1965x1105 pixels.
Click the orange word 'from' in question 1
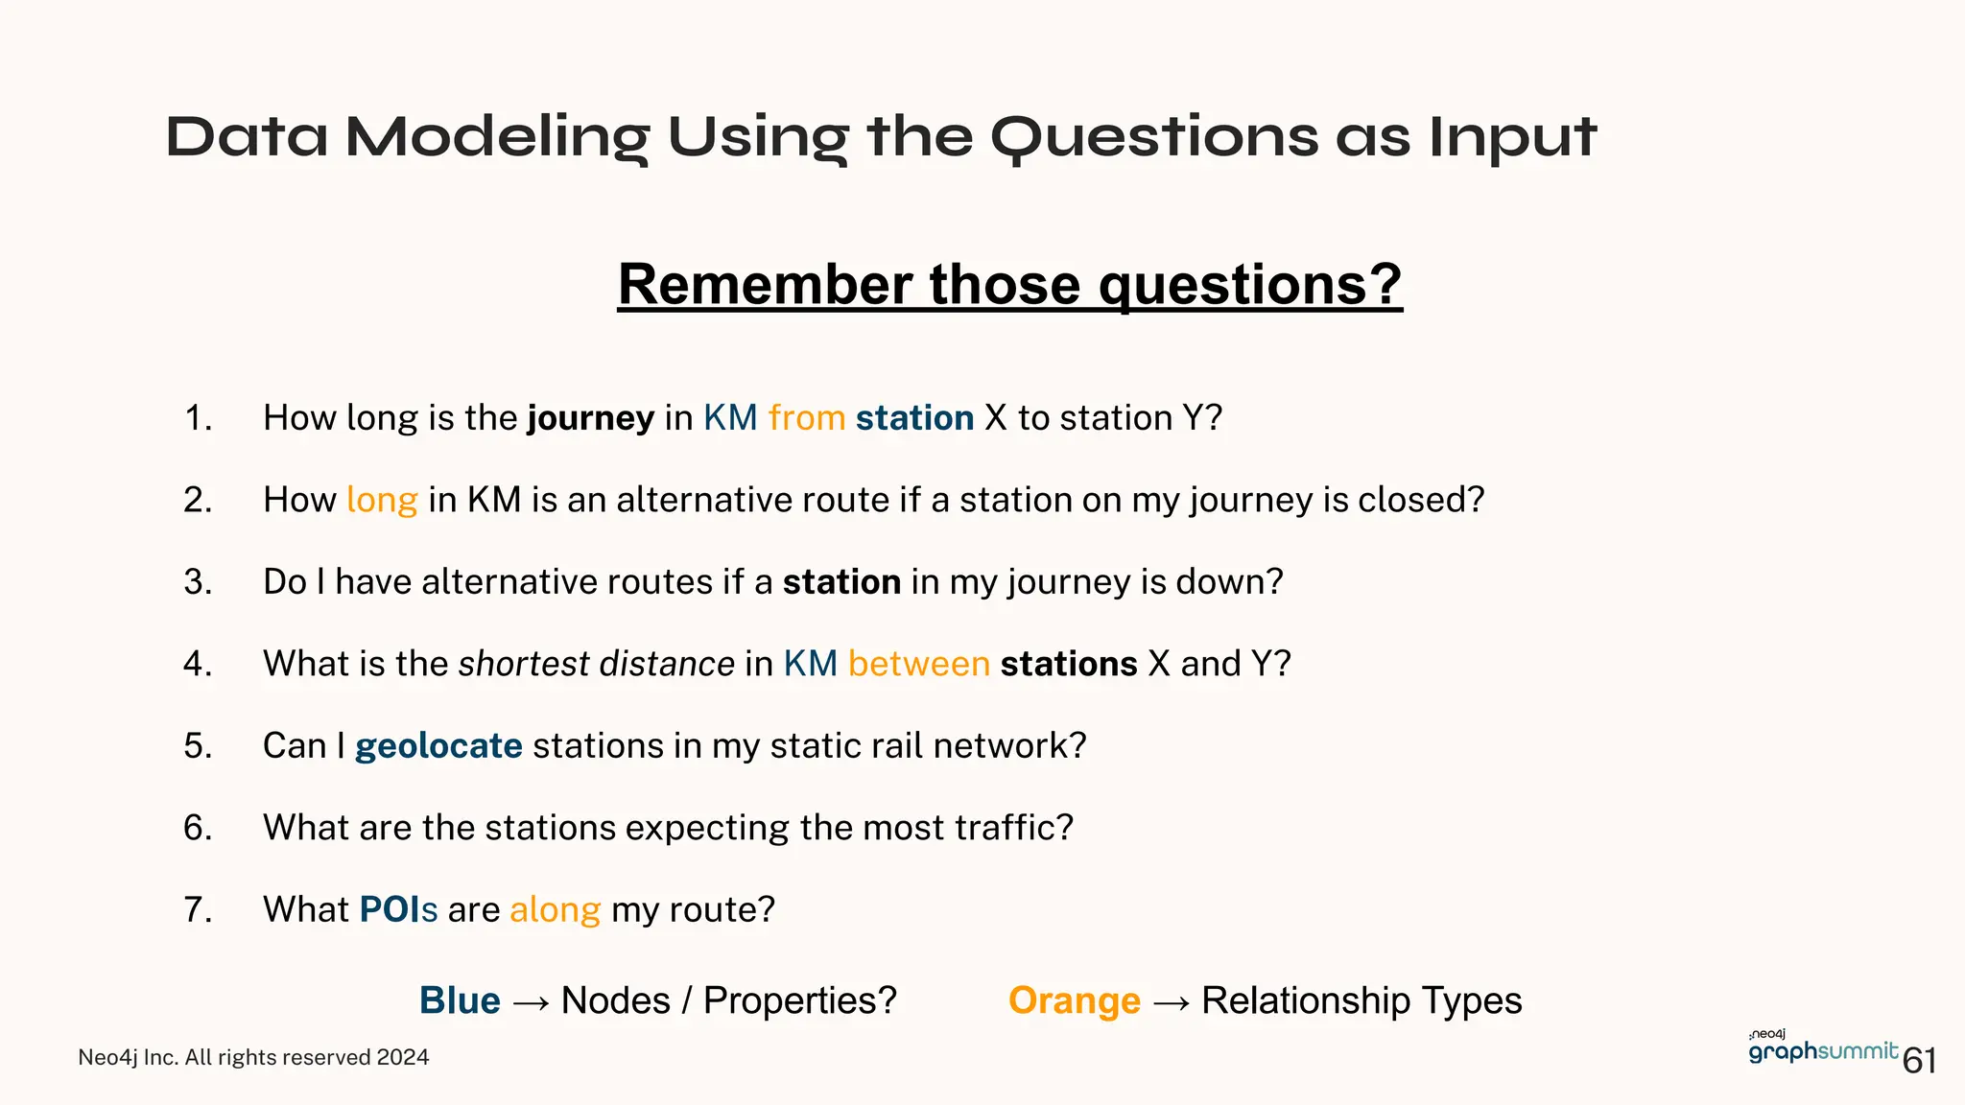click(x=806, y=418)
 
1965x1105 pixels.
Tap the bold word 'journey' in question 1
click(x=590, y=418)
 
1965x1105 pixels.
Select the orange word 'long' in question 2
click(x=382, y=500)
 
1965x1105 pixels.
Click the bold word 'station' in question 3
click(x=841, y=582)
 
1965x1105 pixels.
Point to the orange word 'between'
click(x=918, y=664)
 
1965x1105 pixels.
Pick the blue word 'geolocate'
click(x=438, y=746)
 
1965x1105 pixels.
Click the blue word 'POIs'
click(x=398, y=909)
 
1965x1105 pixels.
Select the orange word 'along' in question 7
click(x=555, y=909)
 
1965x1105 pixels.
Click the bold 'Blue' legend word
click(x=460, y=1000)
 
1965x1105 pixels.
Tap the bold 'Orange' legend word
click(x=1074, y=1000)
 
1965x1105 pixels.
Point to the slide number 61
click(x=1919, y=1061)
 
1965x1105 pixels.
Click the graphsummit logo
click(x=1822, y=1049)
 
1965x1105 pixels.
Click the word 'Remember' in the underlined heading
click(x=765, y=285)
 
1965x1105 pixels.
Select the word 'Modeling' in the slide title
click(x=496, y=137)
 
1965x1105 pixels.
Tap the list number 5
click(x=198, y=746)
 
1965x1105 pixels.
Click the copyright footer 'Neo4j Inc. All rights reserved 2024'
click(x=253, y=1057)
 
